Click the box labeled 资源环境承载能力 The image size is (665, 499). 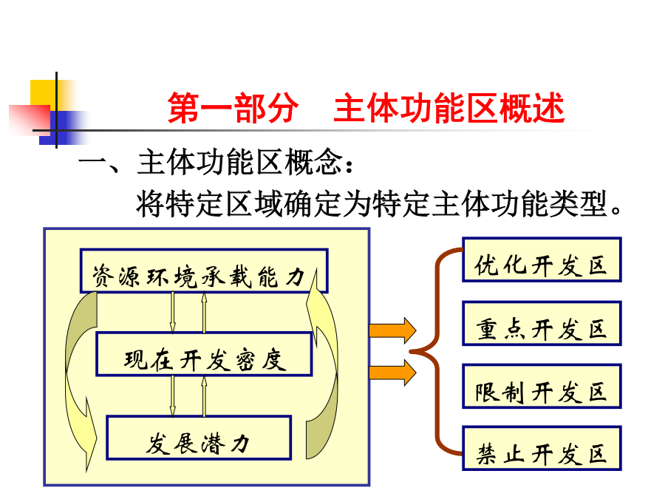tap(204, 271)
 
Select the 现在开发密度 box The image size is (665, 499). tap(205, 354)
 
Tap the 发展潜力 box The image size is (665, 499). tap(199, 438)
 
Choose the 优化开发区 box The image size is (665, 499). tap(542, 259)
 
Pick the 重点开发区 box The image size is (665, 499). tap(542, 323)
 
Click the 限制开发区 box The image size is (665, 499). tap(542, 386)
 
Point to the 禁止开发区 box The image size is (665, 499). tap(542, 448)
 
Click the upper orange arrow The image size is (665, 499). tap(393, 330)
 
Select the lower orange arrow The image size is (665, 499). tap(393, 373)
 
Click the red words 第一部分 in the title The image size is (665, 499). tap(233, 108)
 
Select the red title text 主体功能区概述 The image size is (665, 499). tap(449, 108)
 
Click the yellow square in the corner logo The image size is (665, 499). tap(44, 92)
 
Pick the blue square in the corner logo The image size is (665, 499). tap(63, 128)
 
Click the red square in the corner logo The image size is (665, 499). tap(30, 120)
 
